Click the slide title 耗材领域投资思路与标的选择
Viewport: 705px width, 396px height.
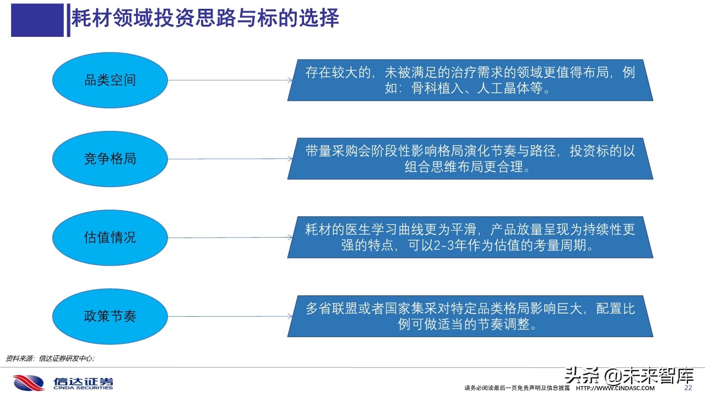click(205, 18)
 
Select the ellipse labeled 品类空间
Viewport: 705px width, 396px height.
click(110, 80)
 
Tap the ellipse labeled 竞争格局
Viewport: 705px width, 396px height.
click(110, 159)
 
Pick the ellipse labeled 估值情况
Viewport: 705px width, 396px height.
click(110, 238)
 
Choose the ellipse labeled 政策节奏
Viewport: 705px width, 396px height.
click(110, 316)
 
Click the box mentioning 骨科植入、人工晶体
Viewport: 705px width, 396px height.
click(470, 80)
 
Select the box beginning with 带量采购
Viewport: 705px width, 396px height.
click(470, 159)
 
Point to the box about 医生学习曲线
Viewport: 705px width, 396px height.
click(470, 238)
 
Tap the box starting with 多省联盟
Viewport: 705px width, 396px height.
click(470, 316)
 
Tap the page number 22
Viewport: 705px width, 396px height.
click(687, 388)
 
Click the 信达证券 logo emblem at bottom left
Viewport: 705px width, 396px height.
click(29, 382)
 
